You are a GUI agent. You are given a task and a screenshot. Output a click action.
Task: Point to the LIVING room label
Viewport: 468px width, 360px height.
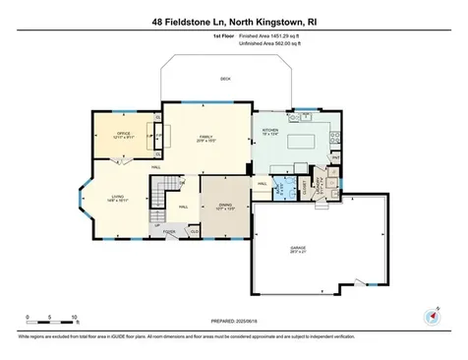pos(117,197)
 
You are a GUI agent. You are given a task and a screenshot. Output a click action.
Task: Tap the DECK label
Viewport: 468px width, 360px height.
pos(225,80)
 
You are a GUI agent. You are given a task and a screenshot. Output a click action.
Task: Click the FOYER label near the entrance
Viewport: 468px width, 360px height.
pos(169,232)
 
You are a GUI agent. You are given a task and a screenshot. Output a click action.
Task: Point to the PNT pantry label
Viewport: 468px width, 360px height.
pos(335,157)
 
